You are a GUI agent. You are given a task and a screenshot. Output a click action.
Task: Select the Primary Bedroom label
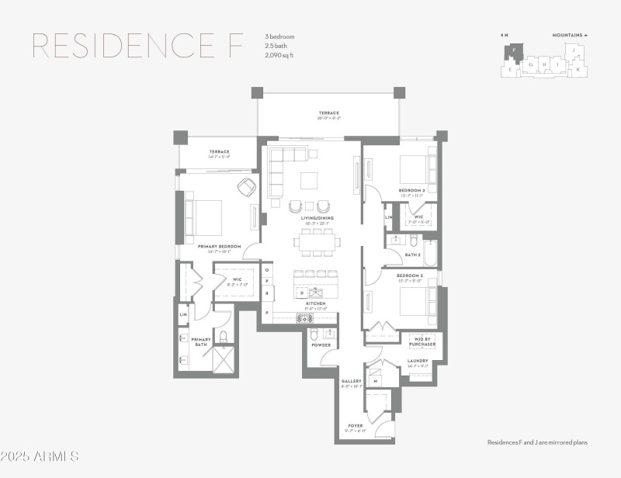219,247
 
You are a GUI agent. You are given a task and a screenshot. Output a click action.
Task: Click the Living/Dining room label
317,218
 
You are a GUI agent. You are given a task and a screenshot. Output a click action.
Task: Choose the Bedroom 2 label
412,190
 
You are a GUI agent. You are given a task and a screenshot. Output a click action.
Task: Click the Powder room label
321,345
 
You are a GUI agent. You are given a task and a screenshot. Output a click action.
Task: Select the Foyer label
354,426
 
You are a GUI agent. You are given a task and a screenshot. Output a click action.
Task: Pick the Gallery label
352,381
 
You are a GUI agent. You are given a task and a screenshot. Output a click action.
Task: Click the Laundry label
418,362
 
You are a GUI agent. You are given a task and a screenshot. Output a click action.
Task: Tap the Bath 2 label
412,255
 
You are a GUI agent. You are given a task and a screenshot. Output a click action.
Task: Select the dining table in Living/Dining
317,243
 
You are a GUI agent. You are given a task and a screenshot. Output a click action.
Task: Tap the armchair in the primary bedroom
247,188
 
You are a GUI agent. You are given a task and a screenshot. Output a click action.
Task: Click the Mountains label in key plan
570,35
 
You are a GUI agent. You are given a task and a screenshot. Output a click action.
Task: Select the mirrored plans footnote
537,442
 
